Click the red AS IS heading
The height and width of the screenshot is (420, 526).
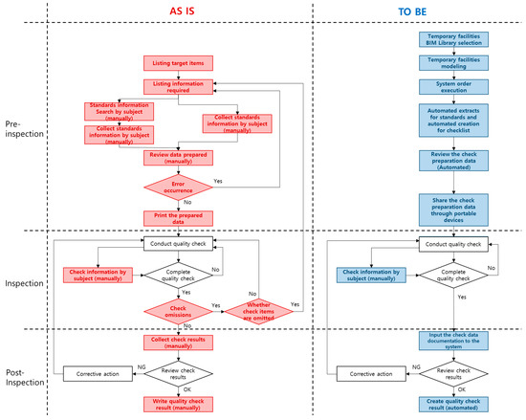(x=178, y=11)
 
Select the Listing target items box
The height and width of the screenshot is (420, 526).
(x=177, y=64)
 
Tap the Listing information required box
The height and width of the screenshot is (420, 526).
(x=177, y=87)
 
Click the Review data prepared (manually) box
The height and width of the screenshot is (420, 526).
(x=177, y=157)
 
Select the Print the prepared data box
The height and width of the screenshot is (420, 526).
(x=177, y=217)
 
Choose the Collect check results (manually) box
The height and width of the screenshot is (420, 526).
(x=177, y=342)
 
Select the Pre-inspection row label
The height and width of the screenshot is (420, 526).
(x=24, y=128)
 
